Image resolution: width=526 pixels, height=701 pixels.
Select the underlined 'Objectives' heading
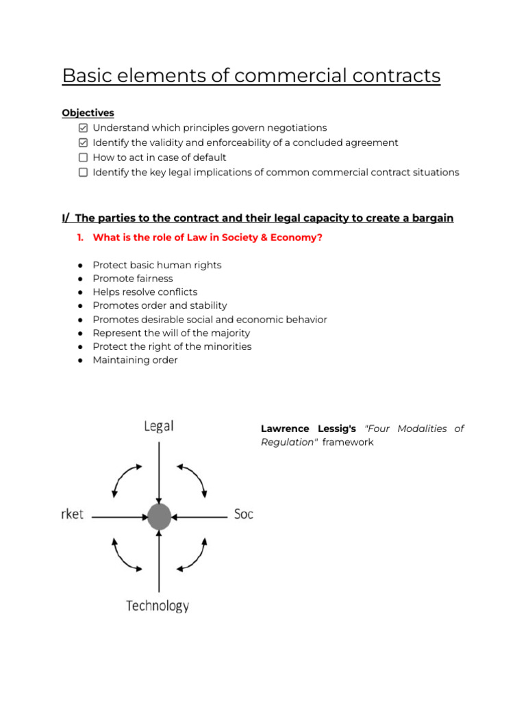point(88,113)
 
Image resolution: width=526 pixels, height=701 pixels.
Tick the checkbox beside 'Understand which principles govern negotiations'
point(83,128)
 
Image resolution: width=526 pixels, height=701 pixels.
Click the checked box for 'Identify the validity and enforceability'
point(83,143)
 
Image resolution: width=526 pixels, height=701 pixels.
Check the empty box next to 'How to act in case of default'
point(83,157)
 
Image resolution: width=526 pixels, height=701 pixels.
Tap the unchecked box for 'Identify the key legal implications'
point(83,173)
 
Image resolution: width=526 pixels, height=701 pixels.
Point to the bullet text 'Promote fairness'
point(133,279)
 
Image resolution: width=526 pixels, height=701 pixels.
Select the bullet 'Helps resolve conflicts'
point(145,292)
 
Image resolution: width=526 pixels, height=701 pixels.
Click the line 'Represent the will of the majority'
point(171,333)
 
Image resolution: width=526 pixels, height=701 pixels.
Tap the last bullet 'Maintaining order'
point(135,360)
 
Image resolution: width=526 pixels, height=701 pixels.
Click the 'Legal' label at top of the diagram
point(158,426)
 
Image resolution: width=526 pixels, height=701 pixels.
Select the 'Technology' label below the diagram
point(158,606)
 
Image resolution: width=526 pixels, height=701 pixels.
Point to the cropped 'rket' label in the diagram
point(72,514)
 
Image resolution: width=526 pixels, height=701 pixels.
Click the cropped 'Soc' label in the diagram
point(244,513)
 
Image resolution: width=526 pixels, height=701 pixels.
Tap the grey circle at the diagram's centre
point(159,516)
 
